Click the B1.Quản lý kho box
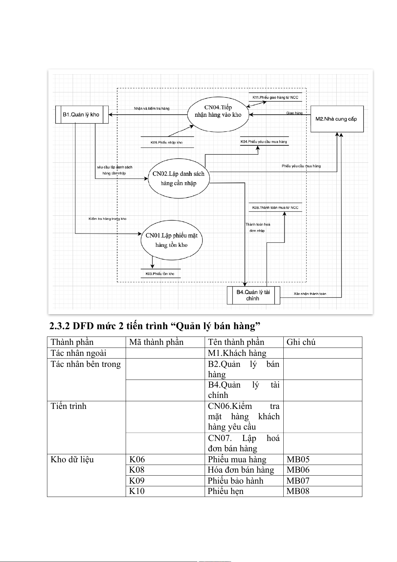point(82,115)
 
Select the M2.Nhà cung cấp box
point(337,119)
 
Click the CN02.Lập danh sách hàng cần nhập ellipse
point(178,178)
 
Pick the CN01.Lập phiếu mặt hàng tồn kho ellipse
point(171,240)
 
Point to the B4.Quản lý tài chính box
point(253,295)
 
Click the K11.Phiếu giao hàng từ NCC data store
point(275,97)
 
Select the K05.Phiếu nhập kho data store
point(167,142)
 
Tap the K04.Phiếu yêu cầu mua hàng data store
point(264,142)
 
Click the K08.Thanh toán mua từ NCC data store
point(275,207)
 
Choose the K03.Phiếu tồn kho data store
point(160,274)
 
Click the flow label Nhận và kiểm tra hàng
point(152,108)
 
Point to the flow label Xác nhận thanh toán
point(310,294)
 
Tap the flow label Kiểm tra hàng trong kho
point(107,219)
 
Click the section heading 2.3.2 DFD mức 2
point(155,326)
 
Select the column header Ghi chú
point(301,342)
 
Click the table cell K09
point(137,481)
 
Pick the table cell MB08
point(298,491)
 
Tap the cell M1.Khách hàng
point(237,353)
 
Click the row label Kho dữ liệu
point(72,460)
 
